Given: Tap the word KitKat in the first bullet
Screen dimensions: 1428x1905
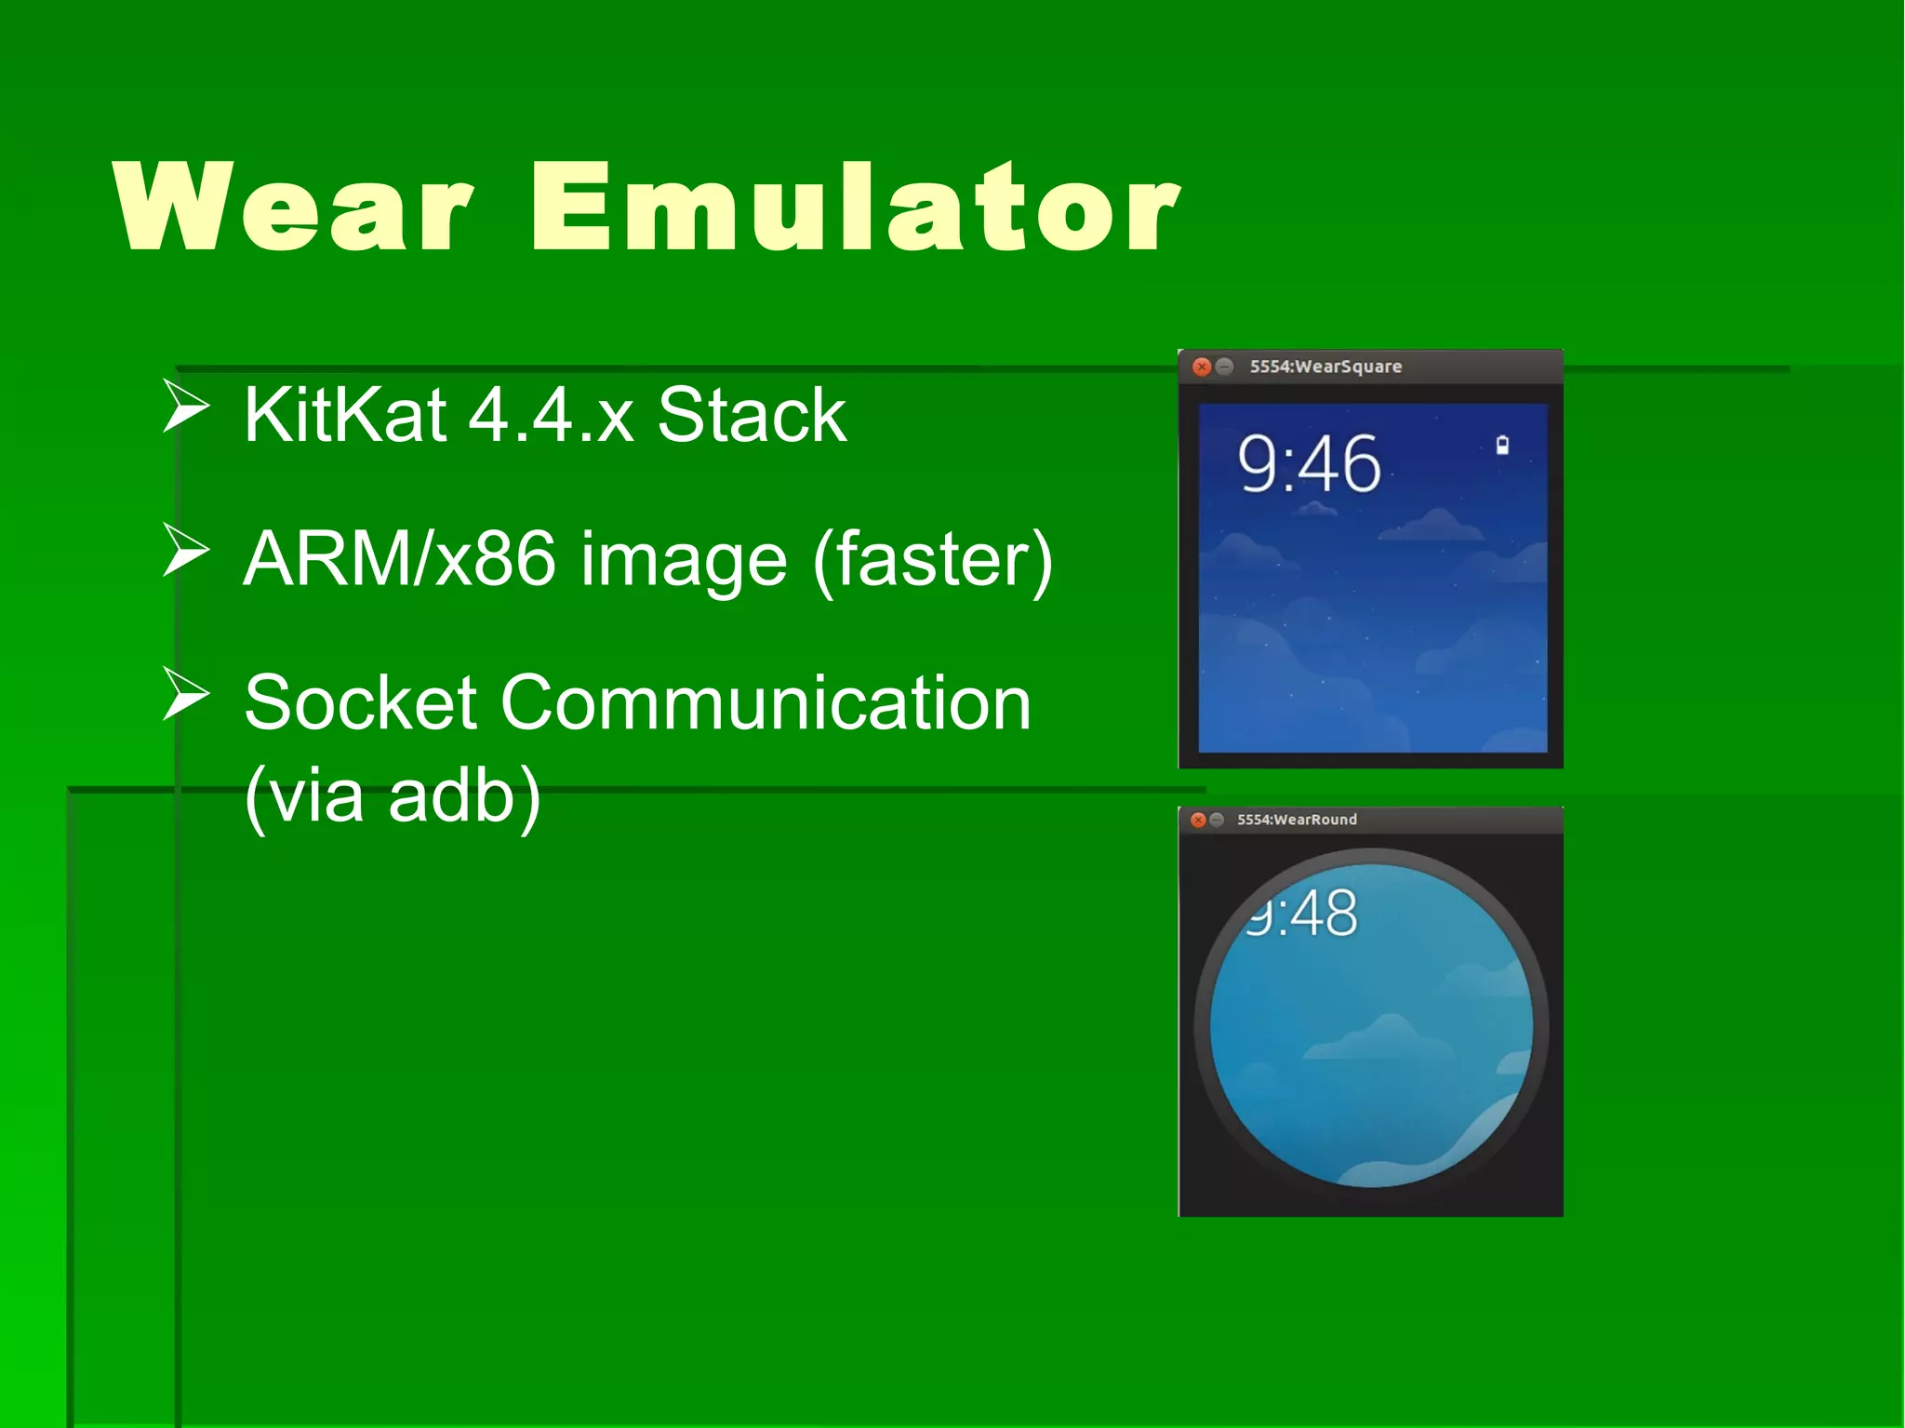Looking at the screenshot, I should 345,415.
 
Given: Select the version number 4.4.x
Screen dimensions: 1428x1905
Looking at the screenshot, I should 552,415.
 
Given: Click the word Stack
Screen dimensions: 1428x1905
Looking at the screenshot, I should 752,415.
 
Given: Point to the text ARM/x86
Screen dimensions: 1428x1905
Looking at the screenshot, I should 400,559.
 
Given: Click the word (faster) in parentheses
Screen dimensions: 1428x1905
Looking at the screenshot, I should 932,559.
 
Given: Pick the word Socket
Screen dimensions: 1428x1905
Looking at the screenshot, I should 361,703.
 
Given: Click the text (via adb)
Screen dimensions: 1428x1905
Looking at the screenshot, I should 393,796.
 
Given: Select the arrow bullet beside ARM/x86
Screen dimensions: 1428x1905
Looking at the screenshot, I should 185,550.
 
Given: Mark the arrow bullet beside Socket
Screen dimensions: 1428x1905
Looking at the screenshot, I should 185,694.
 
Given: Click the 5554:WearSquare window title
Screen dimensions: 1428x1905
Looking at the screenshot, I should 1326,367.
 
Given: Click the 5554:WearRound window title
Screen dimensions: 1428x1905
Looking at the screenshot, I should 1297,820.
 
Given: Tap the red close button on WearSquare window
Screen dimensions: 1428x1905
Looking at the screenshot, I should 1202,367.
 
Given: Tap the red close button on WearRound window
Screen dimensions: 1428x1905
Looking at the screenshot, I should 1198,820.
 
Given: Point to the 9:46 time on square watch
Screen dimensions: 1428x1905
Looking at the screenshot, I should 1309,464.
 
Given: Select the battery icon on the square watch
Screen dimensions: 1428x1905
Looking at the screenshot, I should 1501,446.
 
